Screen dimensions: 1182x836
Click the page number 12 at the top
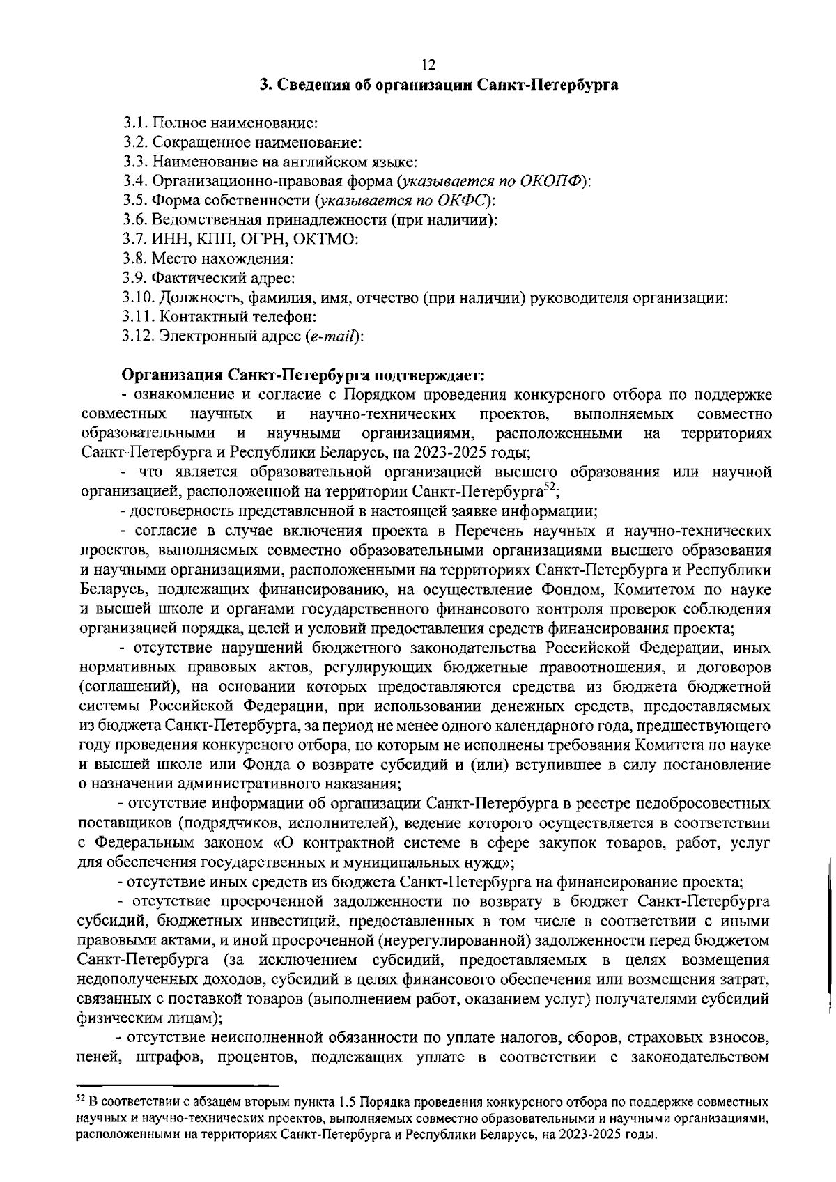click(428, 65)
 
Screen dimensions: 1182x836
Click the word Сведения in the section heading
click(310, 86)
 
